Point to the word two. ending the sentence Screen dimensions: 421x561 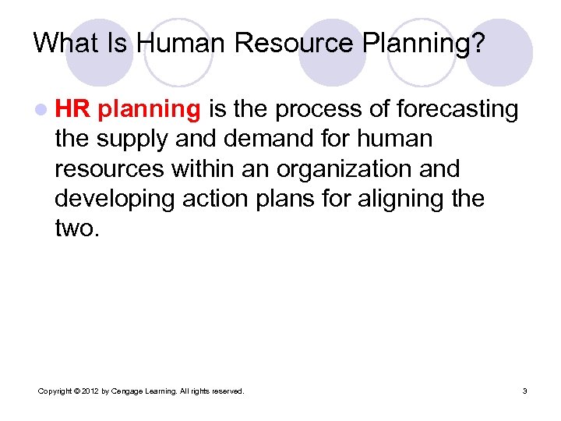coord(76,228)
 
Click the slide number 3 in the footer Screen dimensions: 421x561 coord(524,391)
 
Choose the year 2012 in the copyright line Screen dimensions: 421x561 coord(86,391)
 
